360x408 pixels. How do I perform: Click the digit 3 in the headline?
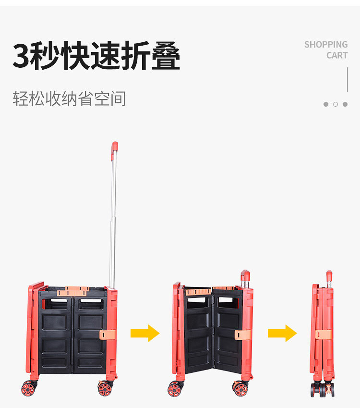click(22, 56)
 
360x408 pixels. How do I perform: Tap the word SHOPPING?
click(325, 45)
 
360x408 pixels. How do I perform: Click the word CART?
click(336, 55)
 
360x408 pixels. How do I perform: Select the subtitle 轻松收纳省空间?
click(69, 99)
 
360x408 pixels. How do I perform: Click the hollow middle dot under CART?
click(336, 104)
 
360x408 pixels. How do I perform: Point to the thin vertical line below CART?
click(347, 80)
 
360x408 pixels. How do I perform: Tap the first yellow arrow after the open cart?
click(144, 333)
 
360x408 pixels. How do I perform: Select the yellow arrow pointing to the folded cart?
click(282, 333)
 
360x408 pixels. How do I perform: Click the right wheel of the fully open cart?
click(105, 388)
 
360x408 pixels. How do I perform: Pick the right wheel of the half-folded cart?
click(241, 388)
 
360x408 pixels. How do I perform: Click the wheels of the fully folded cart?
click(323, 389)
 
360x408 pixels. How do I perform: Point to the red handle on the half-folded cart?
click(245, 275)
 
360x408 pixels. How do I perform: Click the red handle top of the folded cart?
click(329, 276)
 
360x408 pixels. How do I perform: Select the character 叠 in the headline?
click(166, 56)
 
